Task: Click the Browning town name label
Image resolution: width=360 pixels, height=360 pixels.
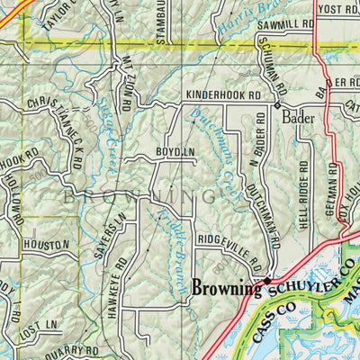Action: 225,289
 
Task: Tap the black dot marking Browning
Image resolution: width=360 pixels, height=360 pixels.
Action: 266,281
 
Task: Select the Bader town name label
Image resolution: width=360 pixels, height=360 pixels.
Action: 300,117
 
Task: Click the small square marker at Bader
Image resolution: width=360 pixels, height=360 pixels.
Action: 276,106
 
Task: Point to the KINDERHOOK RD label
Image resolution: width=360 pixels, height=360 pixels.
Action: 222,94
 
